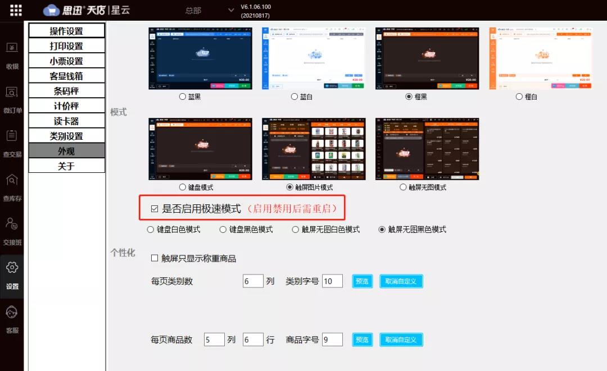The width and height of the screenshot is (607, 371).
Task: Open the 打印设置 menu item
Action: pos(66,46)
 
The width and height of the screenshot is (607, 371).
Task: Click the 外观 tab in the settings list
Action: pos(66,151)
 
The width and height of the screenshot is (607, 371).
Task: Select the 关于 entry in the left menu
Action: pos(66,166)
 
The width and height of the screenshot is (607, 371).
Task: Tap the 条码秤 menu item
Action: pos(66,91)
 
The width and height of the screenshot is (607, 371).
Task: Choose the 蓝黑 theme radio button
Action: pos(183,97)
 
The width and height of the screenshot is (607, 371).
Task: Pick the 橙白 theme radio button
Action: pos(519,97)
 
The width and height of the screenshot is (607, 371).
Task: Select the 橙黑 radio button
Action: pos(409,97)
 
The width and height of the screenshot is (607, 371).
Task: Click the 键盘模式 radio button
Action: pos(183,187)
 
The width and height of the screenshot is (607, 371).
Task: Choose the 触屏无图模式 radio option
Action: pos(403,187)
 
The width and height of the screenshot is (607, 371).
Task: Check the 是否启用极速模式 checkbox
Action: pos(155,209)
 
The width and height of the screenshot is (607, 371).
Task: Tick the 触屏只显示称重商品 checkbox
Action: pos(155,259)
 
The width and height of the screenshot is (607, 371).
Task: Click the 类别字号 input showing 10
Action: pos(332,281)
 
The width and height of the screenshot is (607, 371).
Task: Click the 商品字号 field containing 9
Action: pos(332,340)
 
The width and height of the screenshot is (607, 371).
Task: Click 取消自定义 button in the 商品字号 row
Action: pos(401,340)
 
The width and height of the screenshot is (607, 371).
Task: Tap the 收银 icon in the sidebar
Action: pos(12,56)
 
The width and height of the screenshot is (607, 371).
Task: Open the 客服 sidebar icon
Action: pos(12,319)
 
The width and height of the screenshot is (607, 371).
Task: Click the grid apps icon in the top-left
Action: pos(16,10)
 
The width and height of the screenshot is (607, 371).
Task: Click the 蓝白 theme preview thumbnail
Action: pos(314,58)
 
